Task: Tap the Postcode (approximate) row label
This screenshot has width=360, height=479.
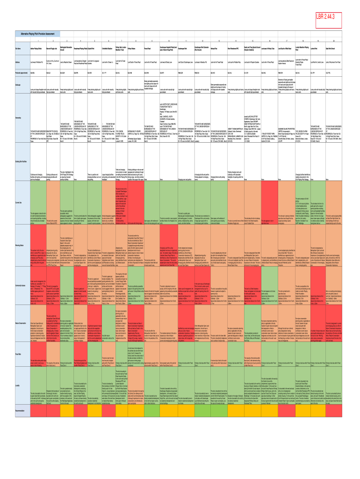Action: click(x=21, y=73)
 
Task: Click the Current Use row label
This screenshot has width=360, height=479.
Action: click(x=19, y=189)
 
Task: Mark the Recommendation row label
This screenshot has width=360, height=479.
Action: click(x=21, y=410)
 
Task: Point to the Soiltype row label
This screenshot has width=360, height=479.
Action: click(x=18, y=85)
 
